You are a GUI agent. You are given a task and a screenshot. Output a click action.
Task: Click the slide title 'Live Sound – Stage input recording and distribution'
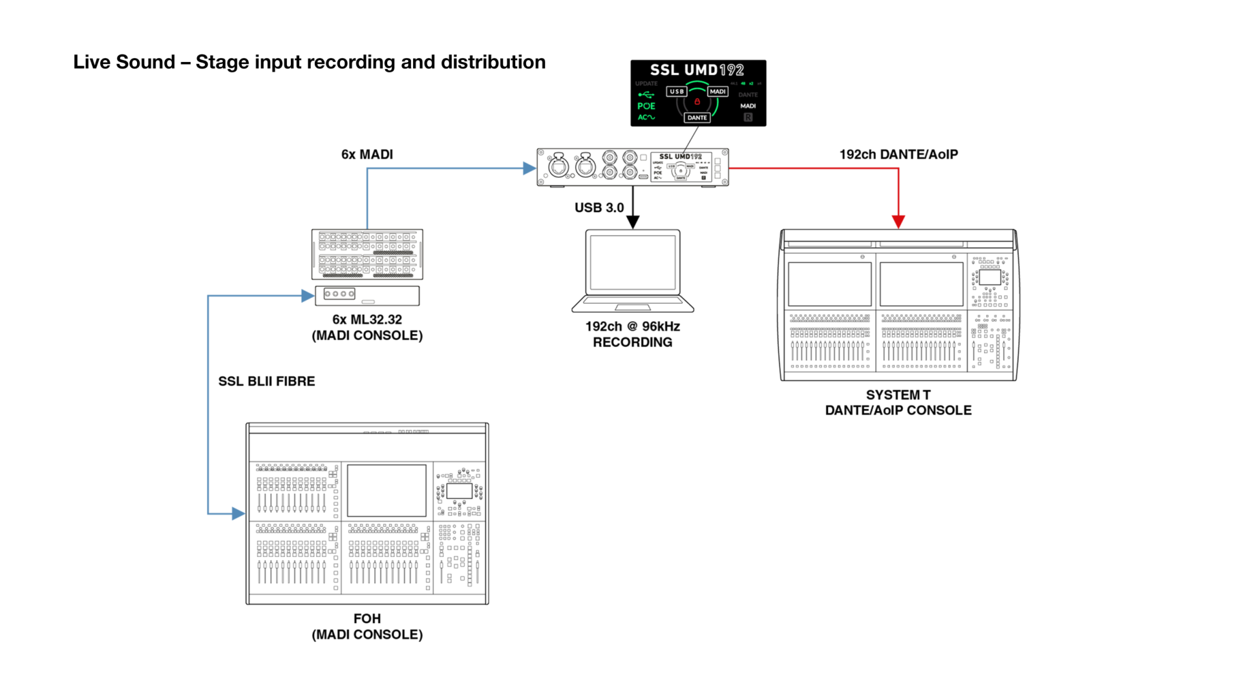coord(309,62)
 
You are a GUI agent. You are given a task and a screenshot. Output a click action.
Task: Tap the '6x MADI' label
coord(366,154)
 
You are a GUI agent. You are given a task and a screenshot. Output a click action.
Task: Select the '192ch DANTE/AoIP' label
coord(898,154)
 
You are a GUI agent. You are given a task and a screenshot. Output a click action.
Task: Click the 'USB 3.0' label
coord(599,207)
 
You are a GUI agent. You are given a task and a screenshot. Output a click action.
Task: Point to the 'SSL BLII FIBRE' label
coord(266,381)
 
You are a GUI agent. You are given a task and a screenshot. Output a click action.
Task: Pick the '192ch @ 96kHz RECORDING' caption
coord(633,334)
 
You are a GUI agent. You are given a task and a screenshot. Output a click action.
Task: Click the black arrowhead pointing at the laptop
coord(633,222)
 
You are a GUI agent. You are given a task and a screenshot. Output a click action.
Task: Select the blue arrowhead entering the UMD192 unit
coord(529,169)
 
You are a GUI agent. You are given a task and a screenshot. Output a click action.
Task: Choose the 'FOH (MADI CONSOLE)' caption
coord(367,626)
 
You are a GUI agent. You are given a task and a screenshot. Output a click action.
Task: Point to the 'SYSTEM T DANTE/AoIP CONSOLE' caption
coord(898,402)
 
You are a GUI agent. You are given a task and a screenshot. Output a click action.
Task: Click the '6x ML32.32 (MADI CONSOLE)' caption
coord(367,327)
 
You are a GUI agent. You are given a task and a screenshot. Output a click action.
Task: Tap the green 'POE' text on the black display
coord(646,106)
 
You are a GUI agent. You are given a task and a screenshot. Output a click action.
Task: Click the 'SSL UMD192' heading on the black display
coord(697,70)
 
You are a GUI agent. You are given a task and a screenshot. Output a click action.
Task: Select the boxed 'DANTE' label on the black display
coord(697,118)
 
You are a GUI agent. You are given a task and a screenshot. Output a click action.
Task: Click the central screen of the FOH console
coord(387,490)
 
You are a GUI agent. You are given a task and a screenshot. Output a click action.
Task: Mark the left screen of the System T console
coord(830,284)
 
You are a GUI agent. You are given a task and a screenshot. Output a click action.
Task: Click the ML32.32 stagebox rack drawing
coord(367,254)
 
